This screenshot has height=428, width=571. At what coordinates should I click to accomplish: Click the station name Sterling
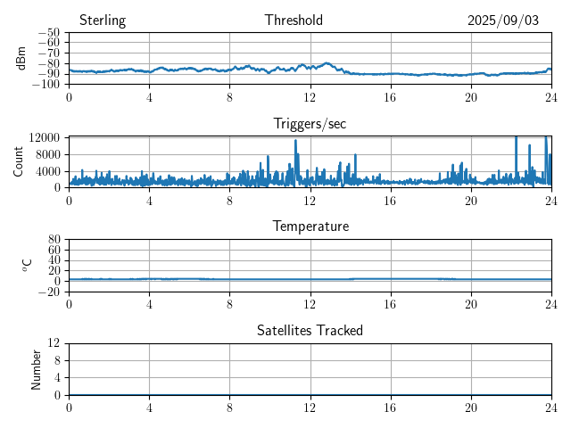tap(103, 21)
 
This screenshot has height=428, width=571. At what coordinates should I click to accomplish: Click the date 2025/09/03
tap(503, 21)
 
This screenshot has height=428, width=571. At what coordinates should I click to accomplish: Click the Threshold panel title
tap(294, 21)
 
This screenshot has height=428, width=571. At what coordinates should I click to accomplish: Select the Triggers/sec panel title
tap(310, 123)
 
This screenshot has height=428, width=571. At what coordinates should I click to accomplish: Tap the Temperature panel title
tap(310, 226)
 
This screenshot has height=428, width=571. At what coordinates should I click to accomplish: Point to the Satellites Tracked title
tap(310, 330)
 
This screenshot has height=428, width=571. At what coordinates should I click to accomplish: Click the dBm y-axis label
tap(21, 58)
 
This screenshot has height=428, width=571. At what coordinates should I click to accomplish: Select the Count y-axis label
tap(19, 161)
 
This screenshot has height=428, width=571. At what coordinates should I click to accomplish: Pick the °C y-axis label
tap(27, 265)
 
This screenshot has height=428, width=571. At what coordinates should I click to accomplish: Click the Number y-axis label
tap(36, 368)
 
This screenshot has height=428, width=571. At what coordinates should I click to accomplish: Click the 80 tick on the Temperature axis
tap(54, 240)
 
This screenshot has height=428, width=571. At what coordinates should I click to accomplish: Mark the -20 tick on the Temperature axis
tap(50, 292)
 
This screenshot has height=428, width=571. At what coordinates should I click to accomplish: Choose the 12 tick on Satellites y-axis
tap(54, 343)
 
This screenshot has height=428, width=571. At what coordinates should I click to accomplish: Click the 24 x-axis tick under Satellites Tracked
tap(550, 406)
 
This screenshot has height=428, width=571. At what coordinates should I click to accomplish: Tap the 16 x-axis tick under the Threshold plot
tap(390, 95)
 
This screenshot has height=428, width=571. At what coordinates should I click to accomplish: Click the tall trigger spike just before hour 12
tap(295, 142)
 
